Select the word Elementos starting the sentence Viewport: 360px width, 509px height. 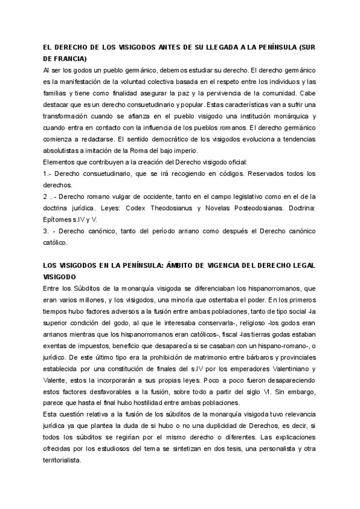pyautogui.click(x=61, y=162)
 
